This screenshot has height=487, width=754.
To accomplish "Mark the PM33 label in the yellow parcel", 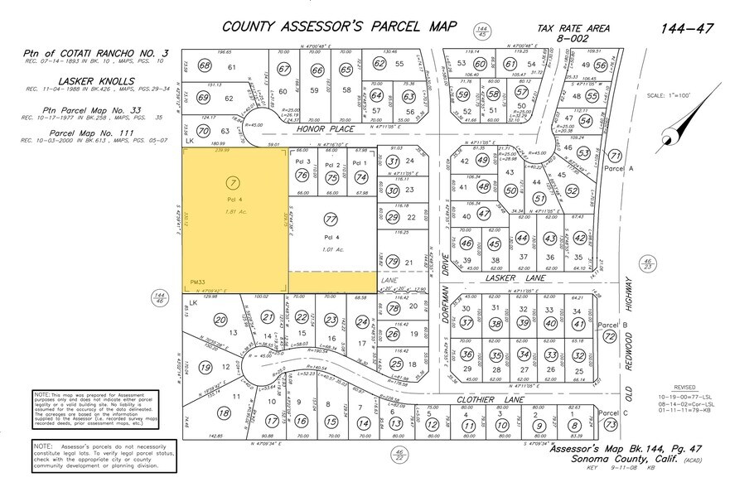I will pos(196,282).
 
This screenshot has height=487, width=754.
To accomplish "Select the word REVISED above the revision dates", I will pos(684,387).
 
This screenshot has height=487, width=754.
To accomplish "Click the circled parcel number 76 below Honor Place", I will pos(302,176).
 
